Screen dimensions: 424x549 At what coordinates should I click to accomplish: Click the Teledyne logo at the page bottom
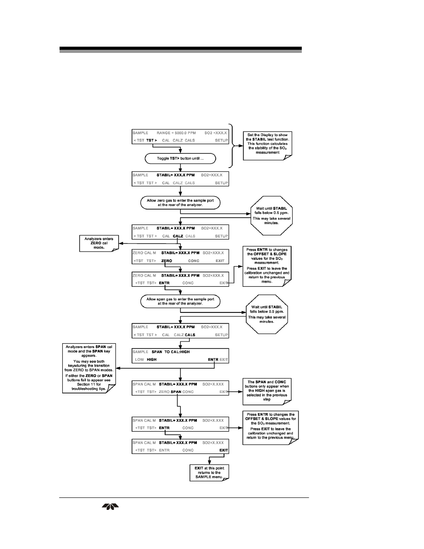(x=110, y=507)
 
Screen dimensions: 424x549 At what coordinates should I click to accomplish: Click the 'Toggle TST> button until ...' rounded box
(x=180, y=159)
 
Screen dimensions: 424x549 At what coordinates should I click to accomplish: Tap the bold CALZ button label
(x=178, y=236)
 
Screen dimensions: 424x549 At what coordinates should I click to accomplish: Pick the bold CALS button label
(x=190, y=335)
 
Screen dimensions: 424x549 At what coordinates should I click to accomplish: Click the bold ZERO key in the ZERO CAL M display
(x=167, y=261)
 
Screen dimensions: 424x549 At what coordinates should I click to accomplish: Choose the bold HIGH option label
(x=152, y=360)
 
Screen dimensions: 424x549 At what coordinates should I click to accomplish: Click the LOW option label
(x=140, y=360)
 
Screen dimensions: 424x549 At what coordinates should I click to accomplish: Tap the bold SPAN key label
(x=176, y=392)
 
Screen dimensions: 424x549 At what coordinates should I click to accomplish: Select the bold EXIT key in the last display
(x=224, y=450)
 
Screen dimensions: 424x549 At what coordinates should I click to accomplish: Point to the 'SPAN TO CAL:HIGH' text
(x=171, y=352)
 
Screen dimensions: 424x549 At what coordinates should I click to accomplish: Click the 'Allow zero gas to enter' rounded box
(x=180, y=203)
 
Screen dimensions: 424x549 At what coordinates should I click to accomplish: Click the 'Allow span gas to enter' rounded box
(x=180, y=301)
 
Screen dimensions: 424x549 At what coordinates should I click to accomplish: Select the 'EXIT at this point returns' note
(x=209, y=473)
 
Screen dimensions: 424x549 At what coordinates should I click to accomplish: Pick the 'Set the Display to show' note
(x=268, y=145)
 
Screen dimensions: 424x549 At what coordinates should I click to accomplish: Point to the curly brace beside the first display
(x=233, y=146)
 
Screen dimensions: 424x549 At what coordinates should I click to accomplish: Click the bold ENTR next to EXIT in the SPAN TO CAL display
(x=213, y=360)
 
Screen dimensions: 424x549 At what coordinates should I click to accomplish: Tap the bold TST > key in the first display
(x=152, y=140)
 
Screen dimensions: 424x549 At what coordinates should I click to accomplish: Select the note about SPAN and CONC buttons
(x=267, y=392)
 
